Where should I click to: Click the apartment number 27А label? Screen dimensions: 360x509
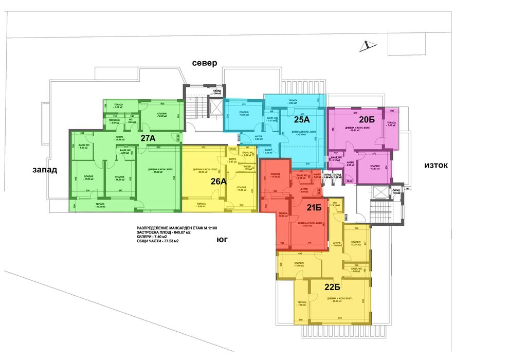pyautogui.click(x=148, y=138)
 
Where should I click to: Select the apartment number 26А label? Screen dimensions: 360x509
pyautogui.click(x=219, y=181)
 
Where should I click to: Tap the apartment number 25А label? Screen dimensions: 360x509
pyautogui.click(x=301, y=120)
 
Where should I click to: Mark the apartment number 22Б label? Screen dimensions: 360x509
pyautogui.click(x=332, y=286)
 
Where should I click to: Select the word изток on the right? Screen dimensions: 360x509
pyautogui.click(x=436, y=165)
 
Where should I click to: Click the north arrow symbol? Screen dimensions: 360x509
pyautogui.click(x=368, y=46)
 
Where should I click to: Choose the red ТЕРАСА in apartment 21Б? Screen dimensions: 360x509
pyautogui.click(x=283, y=222)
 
